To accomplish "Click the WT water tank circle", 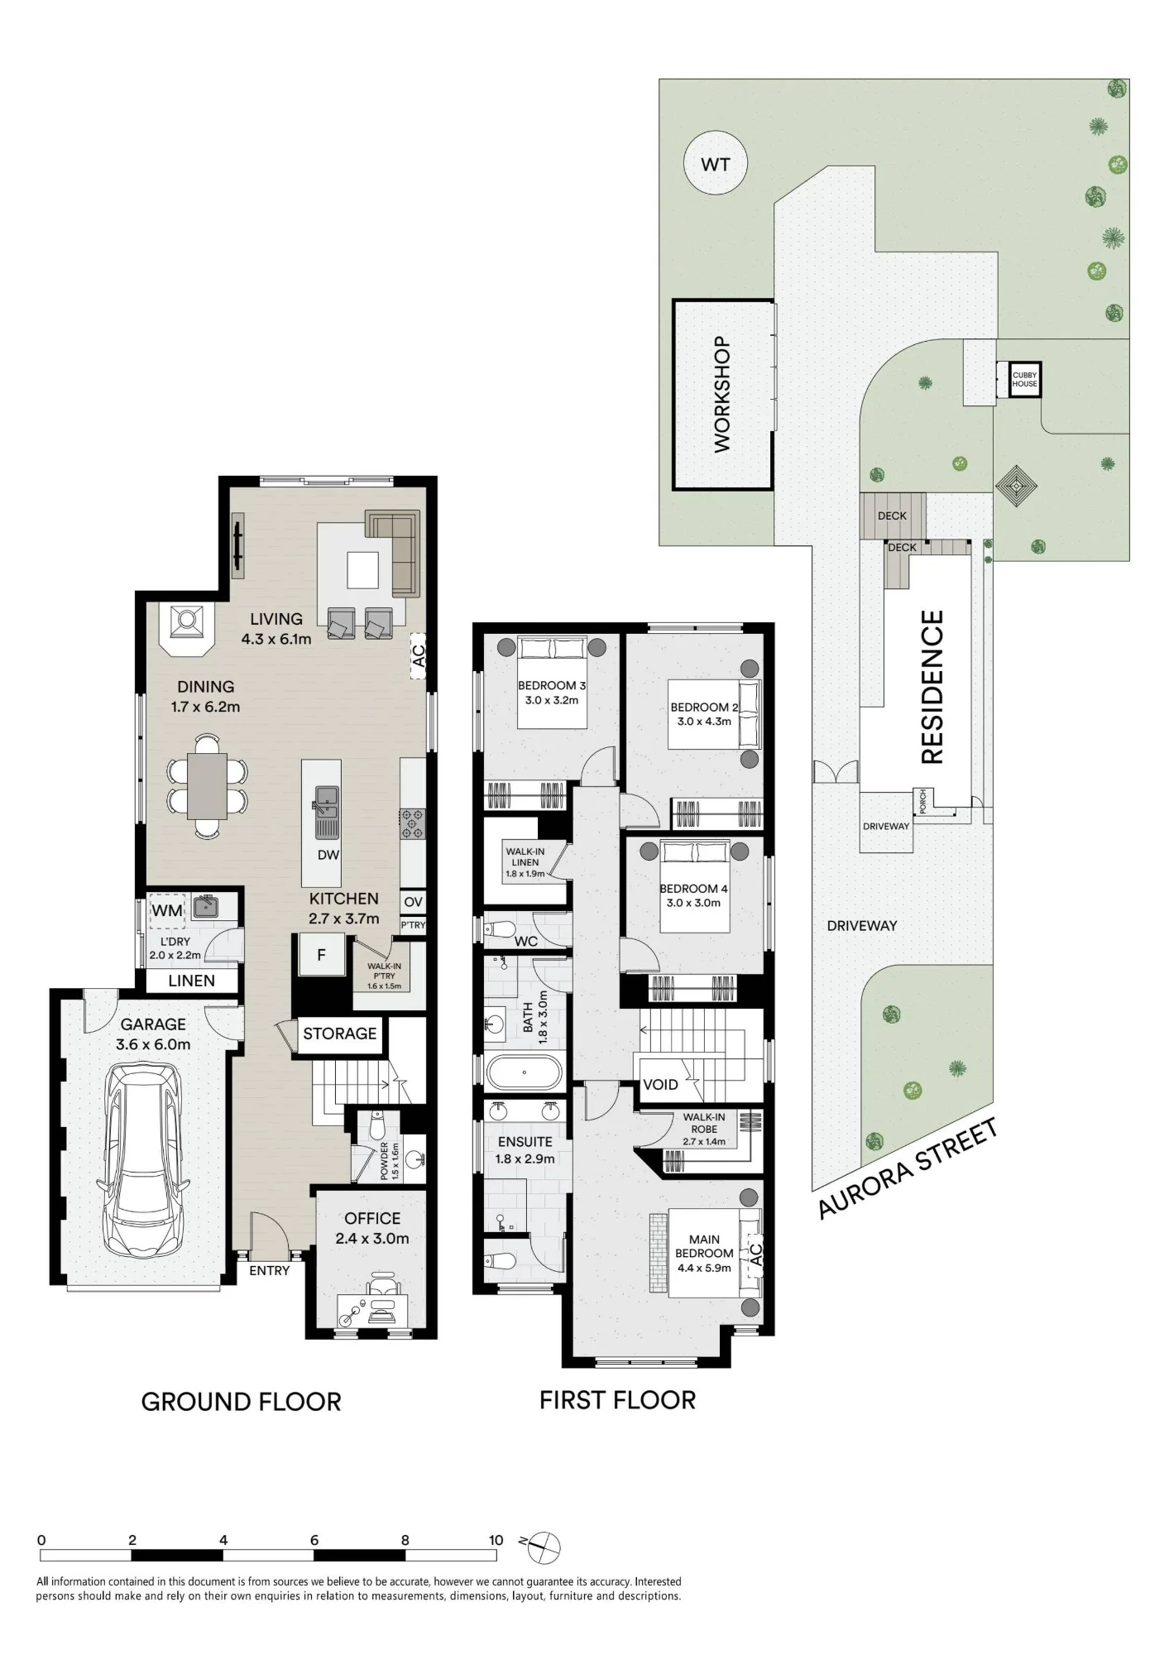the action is point(716,164).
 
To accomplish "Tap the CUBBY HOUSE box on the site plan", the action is point(1024,380).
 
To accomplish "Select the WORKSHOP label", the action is point(722,394).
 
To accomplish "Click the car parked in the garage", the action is point(141,1159).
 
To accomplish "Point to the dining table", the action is point(207,785).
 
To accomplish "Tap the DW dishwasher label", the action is point(328,855).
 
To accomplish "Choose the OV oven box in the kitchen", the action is point(413,902).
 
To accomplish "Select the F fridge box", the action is point(321,955).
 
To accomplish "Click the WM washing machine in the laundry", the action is point(167,911).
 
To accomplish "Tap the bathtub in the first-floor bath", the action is point(525,1073).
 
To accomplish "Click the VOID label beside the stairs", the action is point(660,1085).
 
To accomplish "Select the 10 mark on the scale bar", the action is point(496,1540).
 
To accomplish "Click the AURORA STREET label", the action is point(908,1168).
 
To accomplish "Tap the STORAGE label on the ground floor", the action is point(339,1034).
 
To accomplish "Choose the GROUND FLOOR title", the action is point(241,1402).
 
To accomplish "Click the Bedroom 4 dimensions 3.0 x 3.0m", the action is point(693,903).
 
